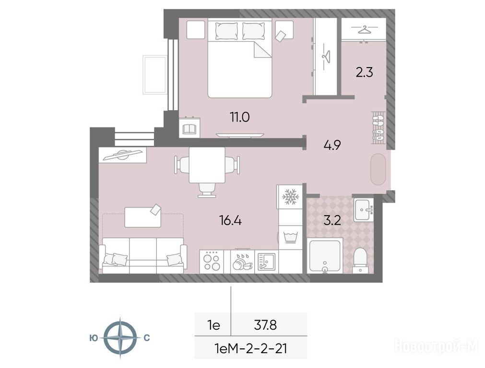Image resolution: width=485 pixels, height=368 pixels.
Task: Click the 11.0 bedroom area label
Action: (x=239, y=117)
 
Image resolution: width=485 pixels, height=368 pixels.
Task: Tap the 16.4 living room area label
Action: (x=230, y=220)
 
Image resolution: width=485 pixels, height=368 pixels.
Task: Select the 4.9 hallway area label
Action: (x=332, y=145)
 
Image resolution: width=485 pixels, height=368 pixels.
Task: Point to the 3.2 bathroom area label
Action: (x=332, y=220)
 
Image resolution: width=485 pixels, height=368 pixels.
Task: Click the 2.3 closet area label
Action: (x=365, y=73)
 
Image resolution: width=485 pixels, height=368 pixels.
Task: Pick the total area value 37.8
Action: (x=265, y=325)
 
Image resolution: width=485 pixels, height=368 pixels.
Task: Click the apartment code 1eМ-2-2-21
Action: (x=250, y=349)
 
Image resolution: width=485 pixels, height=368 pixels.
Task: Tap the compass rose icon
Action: (x=120, y=337)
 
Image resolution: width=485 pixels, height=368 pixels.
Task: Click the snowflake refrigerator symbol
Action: (x=291, y=197)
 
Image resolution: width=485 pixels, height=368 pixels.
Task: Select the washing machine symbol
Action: (x=290, y=237)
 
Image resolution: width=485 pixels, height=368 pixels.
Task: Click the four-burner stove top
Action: (x=212, y=262)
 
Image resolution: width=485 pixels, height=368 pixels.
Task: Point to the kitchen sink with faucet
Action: (x=266, y=262)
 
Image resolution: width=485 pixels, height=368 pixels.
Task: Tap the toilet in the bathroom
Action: (x=360, y=260)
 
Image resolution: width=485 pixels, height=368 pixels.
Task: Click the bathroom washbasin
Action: (x=364, y=210)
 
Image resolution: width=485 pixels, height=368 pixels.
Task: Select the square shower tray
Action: (x=325, y=255)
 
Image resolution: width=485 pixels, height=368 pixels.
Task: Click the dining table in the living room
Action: (x=207, y=165)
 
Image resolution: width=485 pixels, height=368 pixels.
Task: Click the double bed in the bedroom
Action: (x=240, y=58)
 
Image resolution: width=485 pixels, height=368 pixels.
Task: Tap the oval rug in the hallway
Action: (x=378, y=169)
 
